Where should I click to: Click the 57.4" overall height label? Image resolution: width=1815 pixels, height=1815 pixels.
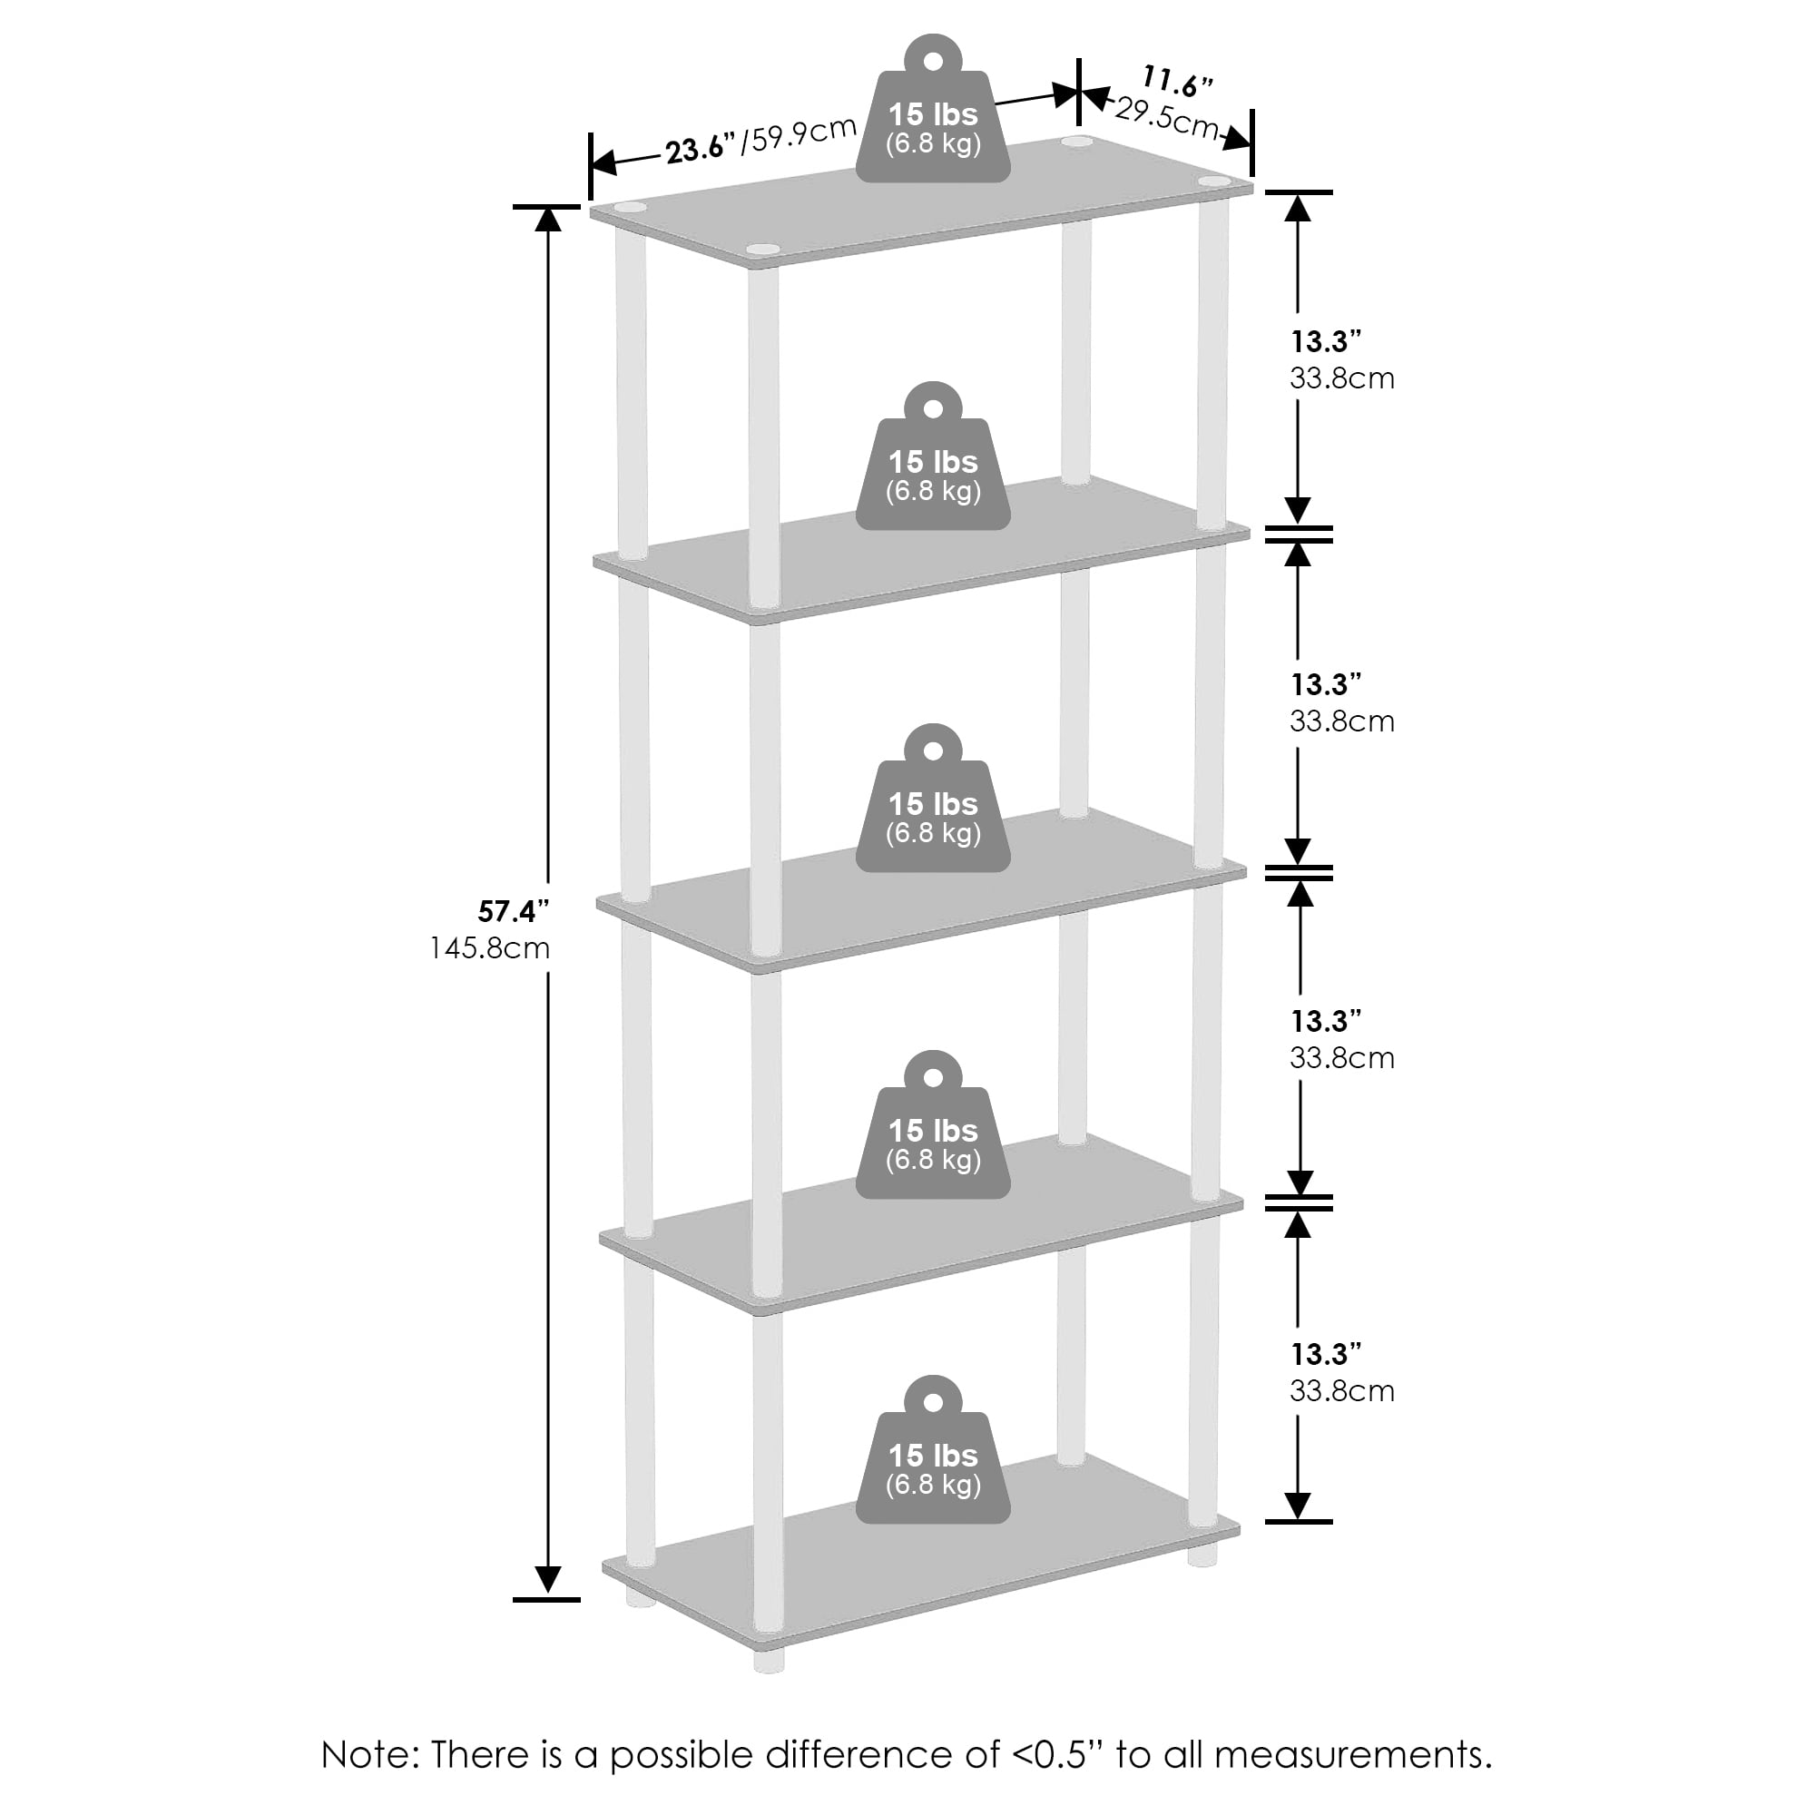[512, 911]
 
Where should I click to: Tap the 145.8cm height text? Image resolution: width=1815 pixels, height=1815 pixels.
[489, 948]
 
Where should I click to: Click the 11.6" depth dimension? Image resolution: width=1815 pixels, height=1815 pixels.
[1176, 81]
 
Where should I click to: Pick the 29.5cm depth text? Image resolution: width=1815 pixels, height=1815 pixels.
[1166, 118]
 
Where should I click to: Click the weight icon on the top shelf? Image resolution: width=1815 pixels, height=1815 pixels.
[933, 111]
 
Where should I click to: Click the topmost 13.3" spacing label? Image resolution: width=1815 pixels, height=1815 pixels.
[1326, 341]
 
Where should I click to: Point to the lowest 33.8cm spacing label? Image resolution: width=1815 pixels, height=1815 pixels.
[1341, 1391]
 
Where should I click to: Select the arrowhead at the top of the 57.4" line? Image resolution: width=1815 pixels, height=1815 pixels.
[548, 219]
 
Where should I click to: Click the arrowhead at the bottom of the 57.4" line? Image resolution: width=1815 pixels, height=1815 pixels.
[548, 1580]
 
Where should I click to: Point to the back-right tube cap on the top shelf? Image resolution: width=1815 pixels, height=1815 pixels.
[1076, 142]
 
